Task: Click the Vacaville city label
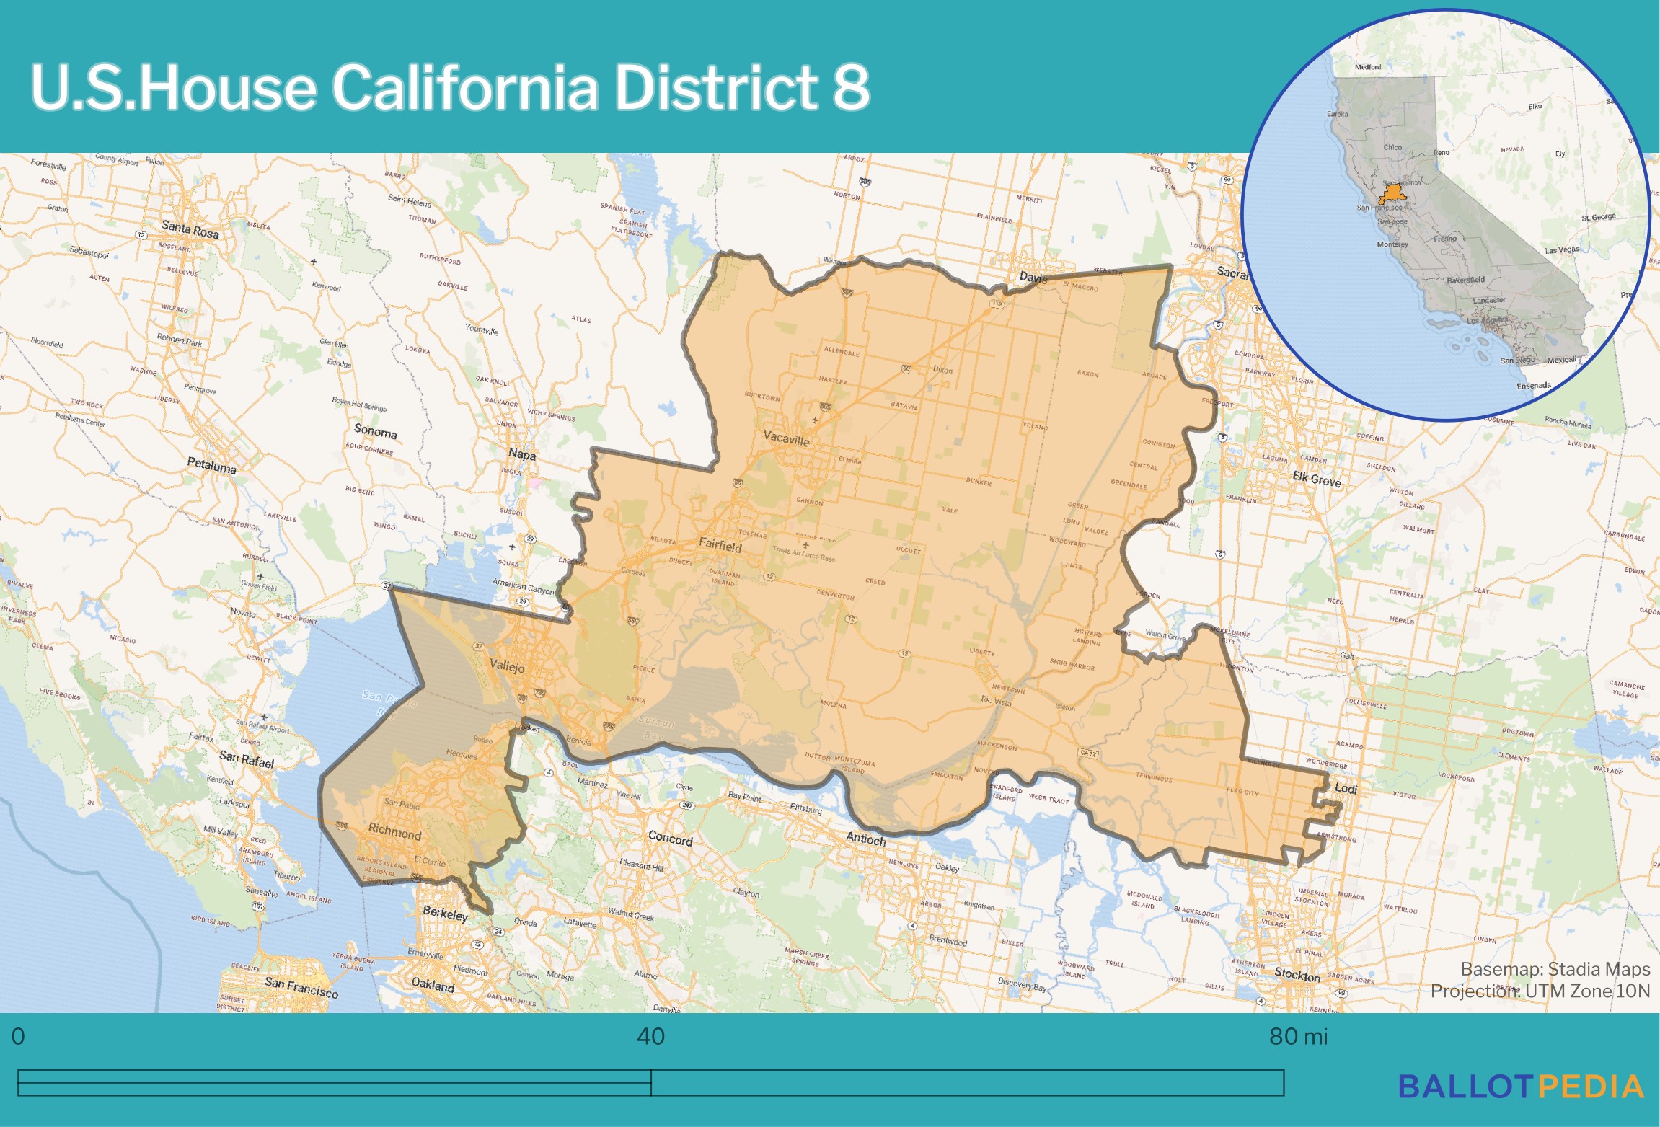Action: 786,438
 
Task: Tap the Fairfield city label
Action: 720,546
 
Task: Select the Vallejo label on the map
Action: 507,666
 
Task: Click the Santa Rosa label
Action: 190,229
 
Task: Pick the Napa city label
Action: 522,454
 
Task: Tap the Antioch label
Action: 865,839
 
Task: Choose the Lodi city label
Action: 1346,788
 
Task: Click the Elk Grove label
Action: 1317,479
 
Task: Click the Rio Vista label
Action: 996,700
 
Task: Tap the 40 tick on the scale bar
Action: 650,1037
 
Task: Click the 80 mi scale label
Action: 1297,1037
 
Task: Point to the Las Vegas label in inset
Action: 1561,250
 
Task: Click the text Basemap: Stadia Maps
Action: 1555,969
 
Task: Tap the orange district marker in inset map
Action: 1392,194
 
